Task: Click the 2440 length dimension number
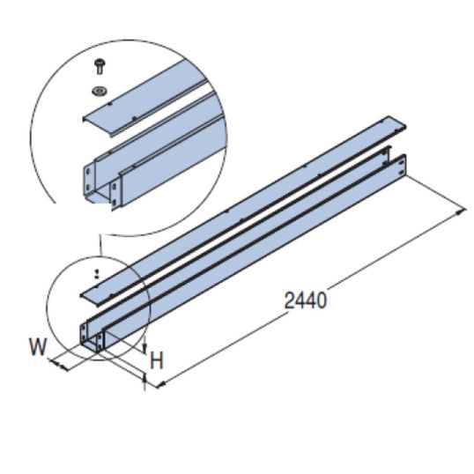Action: (x=306, y=300)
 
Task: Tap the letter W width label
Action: (x=36, y=346)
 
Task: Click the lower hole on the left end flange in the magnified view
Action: (x=90, y=186)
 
